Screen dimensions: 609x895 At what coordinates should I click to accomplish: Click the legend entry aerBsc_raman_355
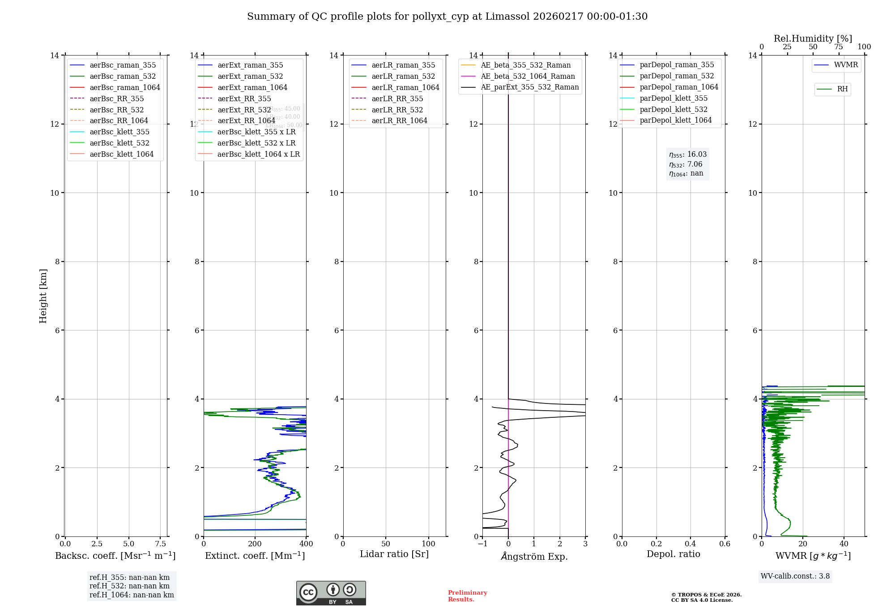[123, 65]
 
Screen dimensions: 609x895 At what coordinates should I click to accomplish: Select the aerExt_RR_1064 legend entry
[246, 120]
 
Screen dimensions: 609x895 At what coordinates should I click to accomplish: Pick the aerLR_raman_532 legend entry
[403, 77]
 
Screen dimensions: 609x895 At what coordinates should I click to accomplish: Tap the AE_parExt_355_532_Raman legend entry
[529, 87]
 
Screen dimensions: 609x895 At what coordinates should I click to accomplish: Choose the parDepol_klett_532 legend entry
[673, 109]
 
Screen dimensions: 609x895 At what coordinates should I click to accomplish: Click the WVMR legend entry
[846, 65]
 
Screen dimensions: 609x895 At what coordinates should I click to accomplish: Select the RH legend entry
[842, 89]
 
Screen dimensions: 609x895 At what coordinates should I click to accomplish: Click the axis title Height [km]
[43, 296]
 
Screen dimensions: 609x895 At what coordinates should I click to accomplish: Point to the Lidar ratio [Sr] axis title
[394, 554]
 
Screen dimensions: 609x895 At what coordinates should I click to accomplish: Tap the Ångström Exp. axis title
[534, 556]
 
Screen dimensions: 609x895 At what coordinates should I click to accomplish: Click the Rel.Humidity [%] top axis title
[813, 39]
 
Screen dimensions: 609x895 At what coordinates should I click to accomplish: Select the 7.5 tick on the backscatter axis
[161, 544]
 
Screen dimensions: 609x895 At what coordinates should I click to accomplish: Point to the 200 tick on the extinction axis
[255, 544]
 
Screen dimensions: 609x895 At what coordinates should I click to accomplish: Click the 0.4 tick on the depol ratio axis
[690, 544]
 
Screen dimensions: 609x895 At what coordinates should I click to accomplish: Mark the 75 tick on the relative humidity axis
[839, 47]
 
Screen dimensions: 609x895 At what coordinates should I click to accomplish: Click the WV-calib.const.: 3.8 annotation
[795, 576]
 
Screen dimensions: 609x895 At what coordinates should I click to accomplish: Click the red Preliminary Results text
[467, 596]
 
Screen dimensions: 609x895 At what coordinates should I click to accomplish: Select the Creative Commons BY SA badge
[331, 593]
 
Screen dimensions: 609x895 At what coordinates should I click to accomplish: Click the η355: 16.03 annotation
[688, 154]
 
